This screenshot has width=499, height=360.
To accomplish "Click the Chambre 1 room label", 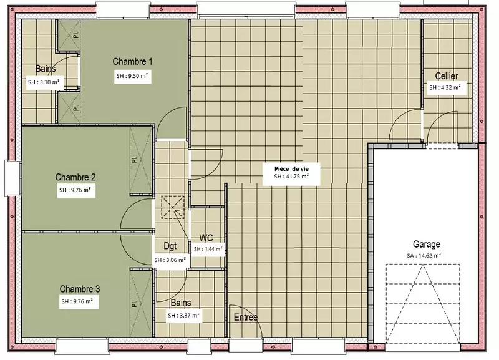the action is [132, 61].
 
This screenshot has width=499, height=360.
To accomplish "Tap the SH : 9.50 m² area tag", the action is [132, 76].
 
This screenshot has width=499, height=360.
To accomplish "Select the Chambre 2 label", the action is [75, 177].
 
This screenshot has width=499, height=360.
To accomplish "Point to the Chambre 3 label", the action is [80, 289].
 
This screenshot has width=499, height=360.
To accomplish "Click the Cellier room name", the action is [447, 76].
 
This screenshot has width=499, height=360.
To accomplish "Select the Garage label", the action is [427, 244].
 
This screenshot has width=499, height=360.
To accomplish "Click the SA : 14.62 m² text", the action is [424, 255].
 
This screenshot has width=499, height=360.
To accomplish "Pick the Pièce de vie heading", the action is [291, 169].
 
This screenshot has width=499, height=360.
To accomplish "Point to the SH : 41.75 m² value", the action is [291, 176].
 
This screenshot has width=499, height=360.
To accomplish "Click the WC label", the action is [206, 238].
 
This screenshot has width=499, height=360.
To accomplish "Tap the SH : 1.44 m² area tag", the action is [208, 249].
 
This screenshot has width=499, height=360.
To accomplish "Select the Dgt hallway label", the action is [170, 246].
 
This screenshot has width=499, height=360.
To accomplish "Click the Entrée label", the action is [246, 317].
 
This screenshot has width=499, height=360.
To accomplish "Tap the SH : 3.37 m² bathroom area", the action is [184, 316].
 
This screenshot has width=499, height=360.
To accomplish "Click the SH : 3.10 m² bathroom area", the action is [44, 82].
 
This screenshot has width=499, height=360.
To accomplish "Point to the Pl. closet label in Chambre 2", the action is [135, 160].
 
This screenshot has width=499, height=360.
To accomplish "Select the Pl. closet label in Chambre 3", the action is [135, 303].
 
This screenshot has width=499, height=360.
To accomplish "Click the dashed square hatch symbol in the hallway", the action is [173, 208].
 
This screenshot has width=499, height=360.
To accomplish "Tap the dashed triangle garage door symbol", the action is [423, 304].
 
